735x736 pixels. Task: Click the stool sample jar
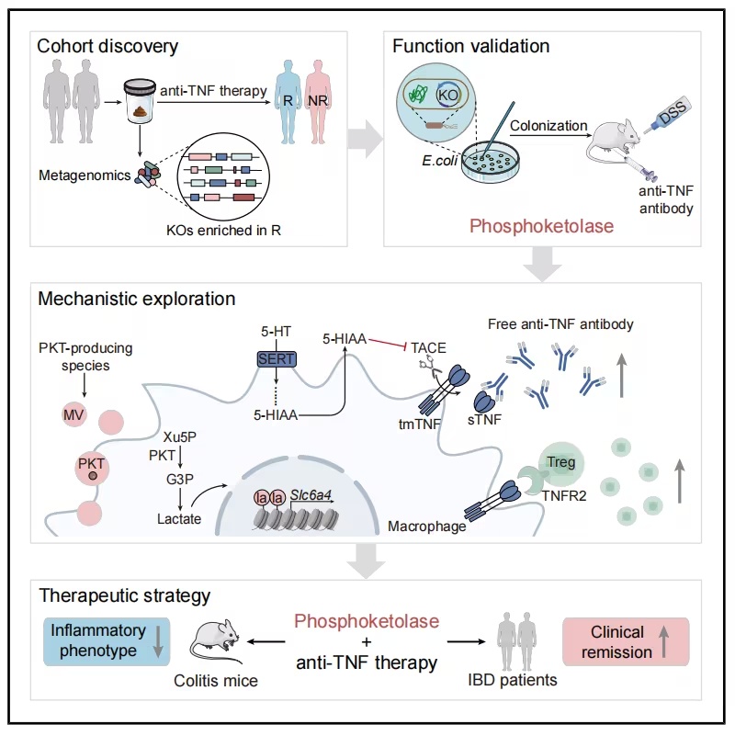[140, 101]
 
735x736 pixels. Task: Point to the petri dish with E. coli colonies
[491, 163]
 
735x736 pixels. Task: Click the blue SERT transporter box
[277, 359]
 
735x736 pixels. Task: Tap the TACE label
[428, 348]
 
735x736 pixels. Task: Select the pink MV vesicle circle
[73, 414]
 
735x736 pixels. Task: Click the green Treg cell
[560, 464]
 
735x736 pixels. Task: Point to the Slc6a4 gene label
[311, 494]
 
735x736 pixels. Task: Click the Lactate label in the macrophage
[179, 518]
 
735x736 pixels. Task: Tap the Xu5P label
[180, 437]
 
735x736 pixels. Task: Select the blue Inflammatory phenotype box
[107, 641]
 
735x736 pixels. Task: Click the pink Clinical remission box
[626, 641]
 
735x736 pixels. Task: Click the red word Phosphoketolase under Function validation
[542, 226]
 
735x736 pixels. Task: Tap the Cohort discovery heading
[107, 46]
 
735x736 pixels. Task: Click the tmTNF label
[420, 424]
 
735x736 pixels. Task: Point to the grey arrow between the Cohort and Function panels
[366, 139]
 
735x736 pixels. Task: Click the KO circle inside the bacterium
[447, 96]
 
